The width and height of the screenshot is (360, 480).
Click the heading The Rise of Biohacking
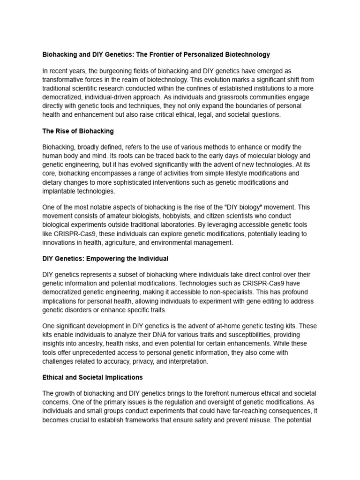(x=78, y=131)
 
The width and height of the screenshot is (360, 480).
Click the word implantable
(x=60, y=191)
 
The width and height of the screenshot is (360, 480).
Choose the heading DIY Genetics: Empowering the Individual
(x=105, y=259)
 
